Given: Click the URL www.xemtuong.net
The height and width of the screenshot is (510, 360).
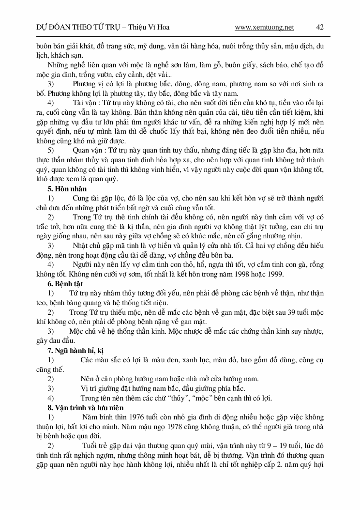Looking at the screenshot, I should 264,28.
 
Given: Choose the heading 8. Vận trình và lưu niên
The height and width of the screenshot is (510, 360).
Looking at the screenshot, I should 86,407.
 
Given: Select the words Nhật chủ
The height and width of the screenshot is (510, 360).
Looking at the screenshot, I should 85,246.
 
